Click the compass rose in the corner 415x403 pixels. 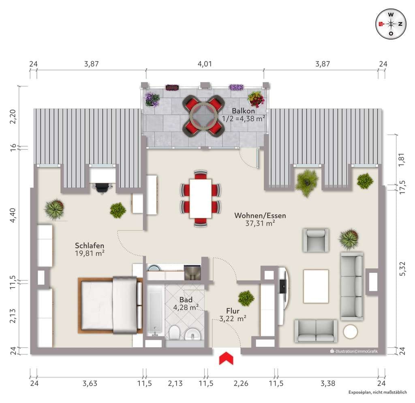tap(391, 24)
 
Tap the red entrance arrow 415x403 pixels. tap(226, 358)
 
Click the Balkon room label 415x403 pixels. tap(243, 111)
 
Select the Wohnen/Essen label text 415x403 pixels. tap(260, 215)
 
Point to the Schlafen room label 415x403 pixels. tap(90, 246)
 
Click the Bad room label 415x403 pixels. tap(186, 300)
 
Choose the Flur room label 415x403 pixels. tap(233, 311)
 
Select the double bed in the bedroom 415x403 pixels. tap(110, 305)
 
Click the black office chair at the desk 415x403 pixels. tap(102, 188)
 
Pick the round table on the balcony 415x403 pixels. tap(203, 116)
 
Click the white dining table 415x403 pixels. tap(201, 198)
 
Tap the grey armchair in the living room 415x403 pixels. tap(316, 240)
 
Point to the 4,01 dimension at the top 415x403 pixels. tap(205, 64)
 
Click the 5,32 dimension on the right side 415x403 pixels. tap(402, 269)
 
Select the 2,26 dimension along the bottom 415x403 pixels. tap(241, 383)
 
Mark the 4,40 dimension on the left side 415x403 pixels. tap(13, 215)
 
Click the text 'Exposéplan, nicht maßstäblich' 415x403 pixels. tap(378, 392)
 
